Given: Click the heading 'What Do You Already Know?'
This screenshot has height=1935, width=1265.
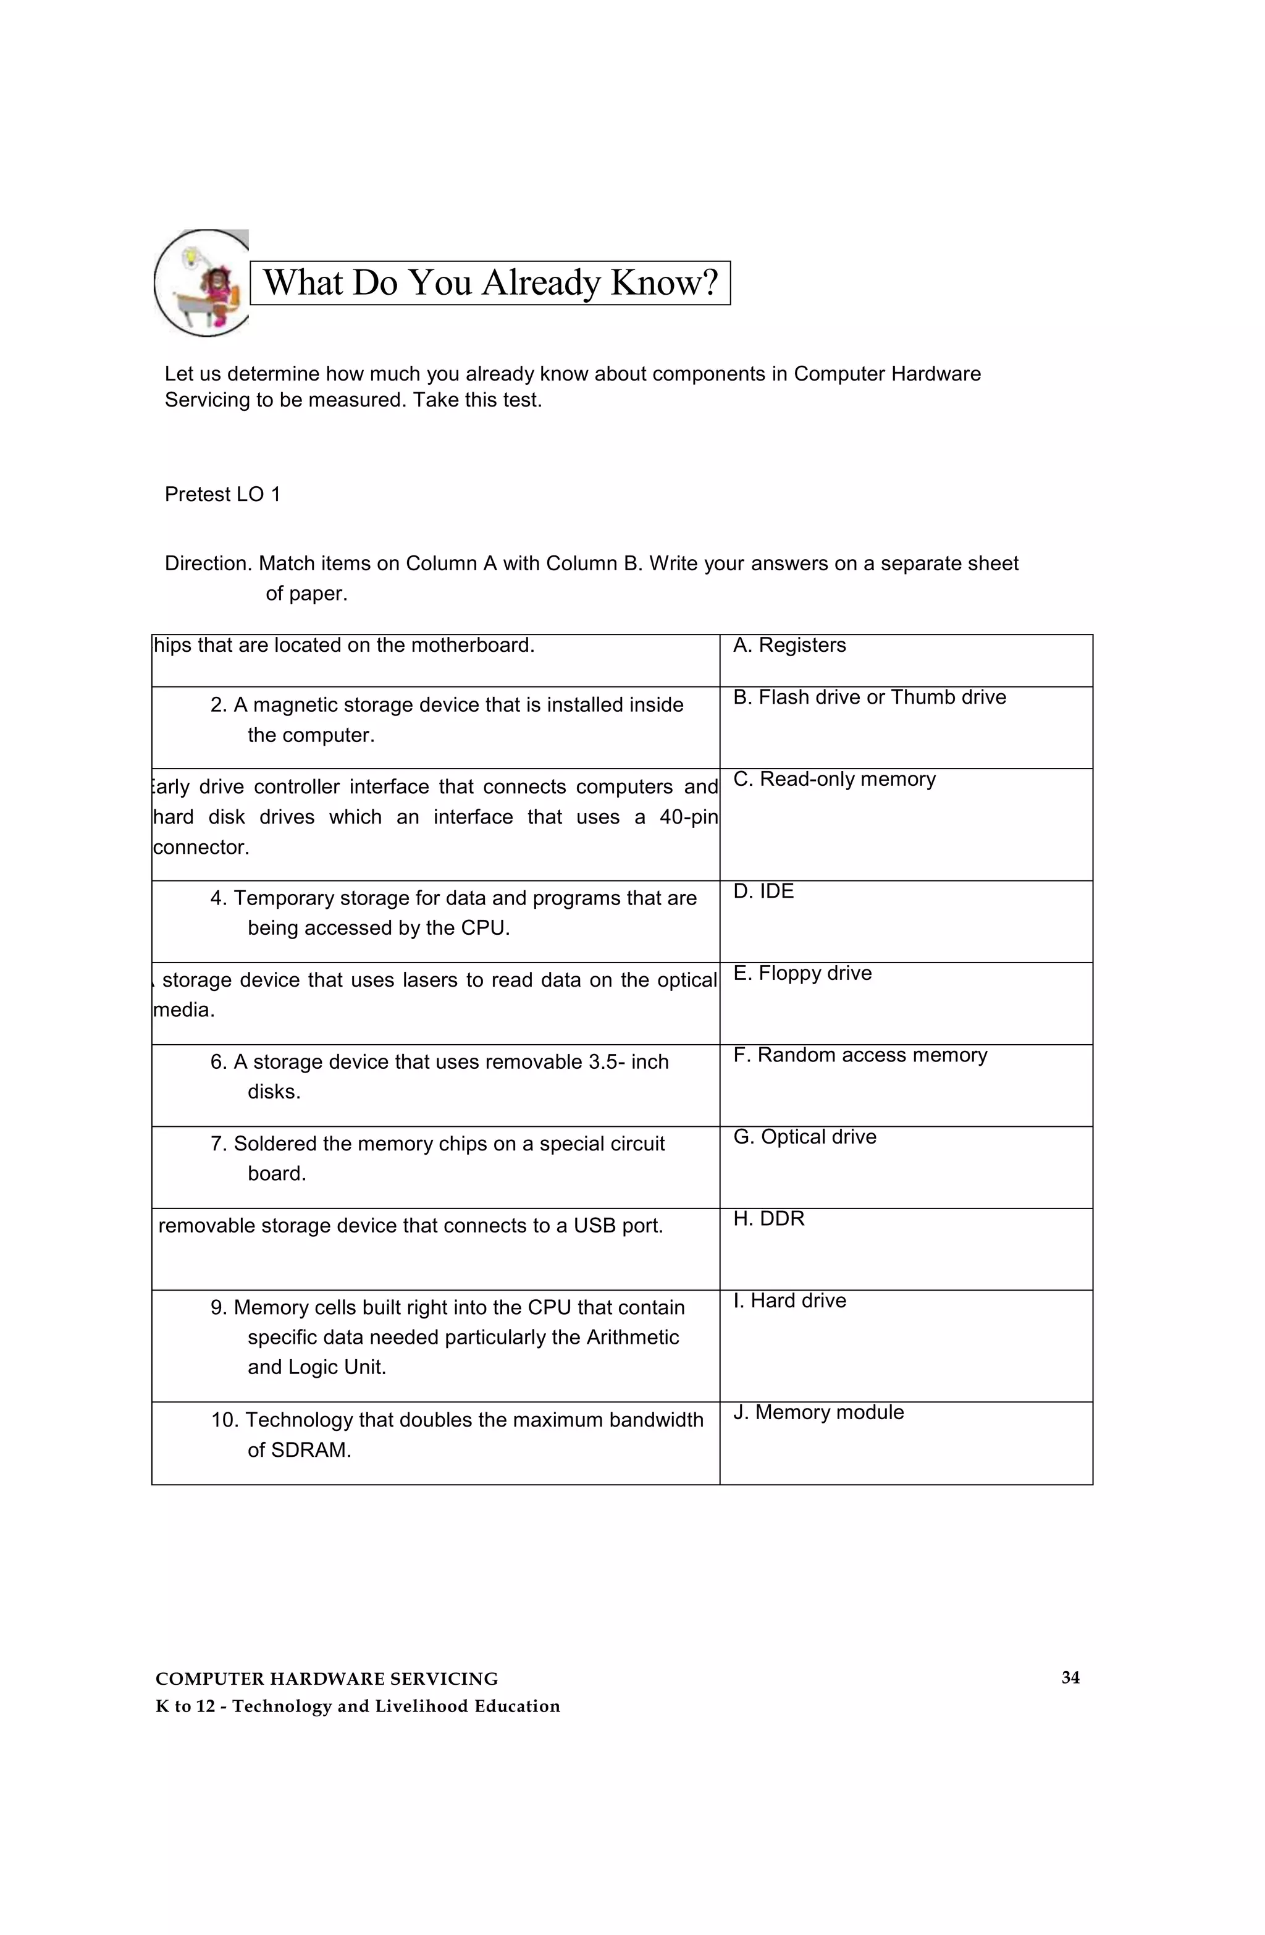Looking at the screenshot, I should click(x=490, y=283).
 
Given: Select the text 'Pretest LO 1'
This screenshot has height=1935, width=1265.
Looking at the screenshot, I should click(x=222, y=494).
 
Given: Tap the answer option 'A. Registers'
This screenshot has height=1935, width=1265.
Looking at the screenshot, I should click(x=789, y=646).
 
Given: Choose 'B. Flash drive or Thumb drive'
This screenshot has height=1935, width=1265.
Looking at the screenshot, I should click(x=869, y=698).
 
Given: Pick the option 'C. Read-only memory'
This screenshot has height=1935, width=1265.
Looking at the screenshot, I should click(x=834, y=780).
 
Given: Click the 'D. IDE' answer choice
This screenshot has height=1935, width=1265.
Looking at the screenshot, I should click(x=763, y=892).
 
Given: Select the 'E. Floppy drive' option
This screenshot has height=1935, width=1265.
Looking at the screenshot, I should click(x=802, y=974).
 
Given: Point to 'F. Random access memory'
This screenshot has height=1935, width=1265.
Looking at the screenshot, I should click(x=860, y=1055).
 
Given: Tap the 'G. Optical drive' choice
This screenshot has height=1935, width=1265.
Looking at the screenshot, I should click(x=805, y=1137).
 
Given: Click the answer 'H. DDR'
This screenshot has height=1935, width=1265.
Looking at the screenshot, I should click(x=768, y=1219).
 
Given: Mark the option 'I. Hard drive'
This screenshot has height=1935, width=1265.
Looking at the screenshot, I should click(x=789, y=1301).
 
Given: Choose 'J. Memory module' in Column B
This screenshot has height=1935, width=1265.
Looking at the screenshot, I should click(x=818, y=1413).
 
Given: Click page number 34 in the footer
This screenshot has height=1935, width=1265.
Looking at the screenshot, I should click(x=1070, y=1678).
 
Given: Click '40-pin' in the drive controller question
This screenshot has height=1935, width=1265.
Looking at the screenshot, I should click(x=688, y=817).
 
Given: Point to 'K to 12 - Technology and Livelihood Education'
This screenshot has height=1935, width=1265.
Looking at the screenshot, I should click(x=358, y=1706).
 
